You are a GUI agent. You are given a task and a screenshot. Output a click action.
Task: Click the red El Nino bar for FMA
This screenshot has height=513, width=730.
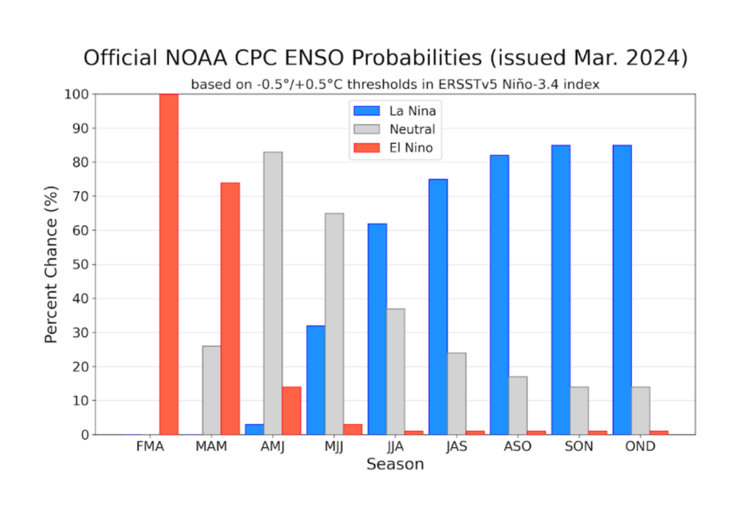coord(169,264)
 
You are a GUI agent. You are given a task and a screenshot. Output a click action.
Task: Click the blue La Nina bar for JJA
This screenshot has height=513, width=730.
coord(377,328)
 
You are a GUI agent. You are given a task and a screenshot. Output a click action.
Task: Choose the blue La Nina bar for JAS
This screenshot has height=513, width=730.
coord(438,306)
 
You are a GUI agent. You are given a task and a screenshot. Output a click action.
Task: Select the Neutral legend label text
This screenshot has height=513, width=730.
coord(412,129)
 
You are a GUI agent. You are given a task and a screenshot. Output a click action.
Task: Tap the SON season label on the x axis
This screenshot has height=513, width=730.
coord(579,447)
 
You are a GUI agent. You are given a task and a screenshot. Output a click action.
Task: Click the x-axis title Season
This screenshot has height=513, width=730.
coord(395,465)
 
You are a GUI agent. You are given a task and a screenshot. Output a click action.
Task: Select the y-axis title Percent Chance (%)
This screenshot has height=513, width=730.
coord(51,264)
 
